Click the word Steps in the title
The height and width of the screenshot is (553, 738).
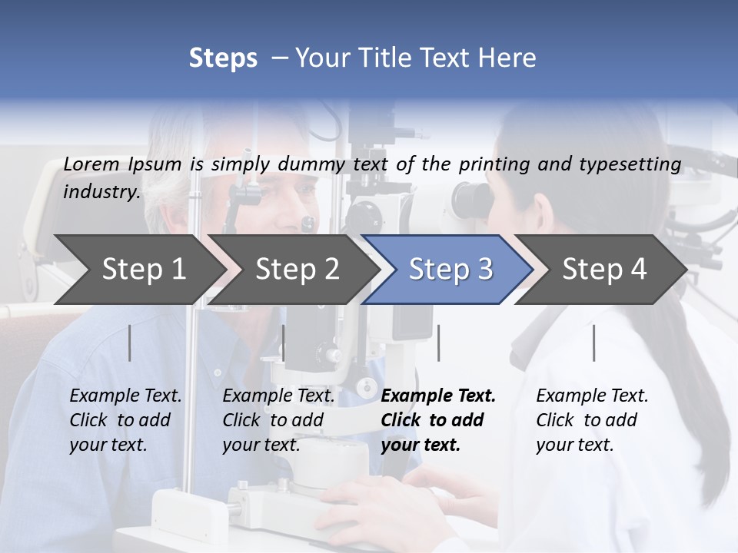click(223, 58)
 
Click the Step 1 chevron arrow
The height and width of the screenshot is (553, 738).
click(138, 270)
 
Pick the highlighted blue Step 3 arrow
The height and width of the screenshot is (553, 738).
click(450, 270)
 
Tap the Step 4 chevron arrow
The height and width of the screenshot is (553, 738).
click(603, 270)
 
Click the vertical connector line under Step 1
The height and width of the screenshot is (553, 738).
click(130, 343)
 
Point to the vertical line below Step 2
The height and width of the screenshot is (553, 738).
click(284, 343)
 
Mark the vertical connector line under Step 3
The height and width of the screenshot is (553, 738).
click(439, 343)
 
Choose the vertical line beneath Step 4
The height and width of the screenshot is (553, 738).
click(594, 343)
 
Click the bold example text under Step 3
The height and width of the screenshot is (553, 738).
click(438, 420)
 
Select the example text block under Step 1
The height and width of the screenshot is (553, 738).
click(125, 420)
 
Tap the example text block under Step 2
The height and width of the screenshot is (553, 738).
click(278, 420)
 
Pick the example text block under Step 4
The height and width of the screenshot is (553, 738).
click(592, 420)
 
